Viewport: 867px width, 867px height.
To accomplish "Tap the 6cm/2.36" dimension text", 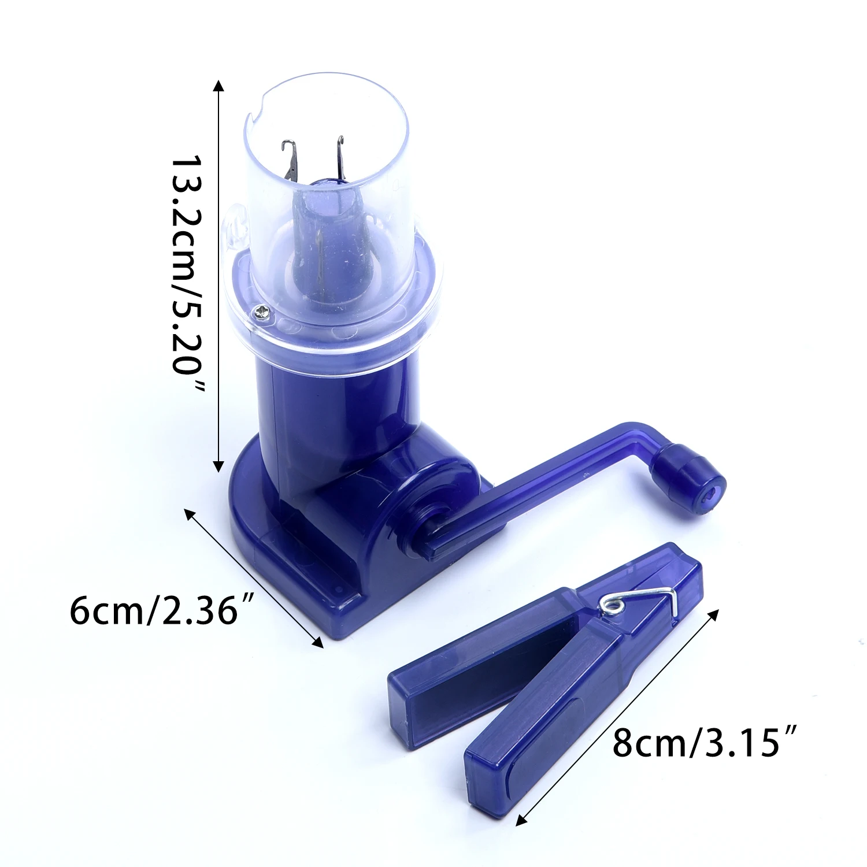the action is tap(162, 610).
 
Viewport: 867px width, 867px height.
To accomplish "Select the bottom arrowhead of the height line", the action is tap(218, 465).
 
